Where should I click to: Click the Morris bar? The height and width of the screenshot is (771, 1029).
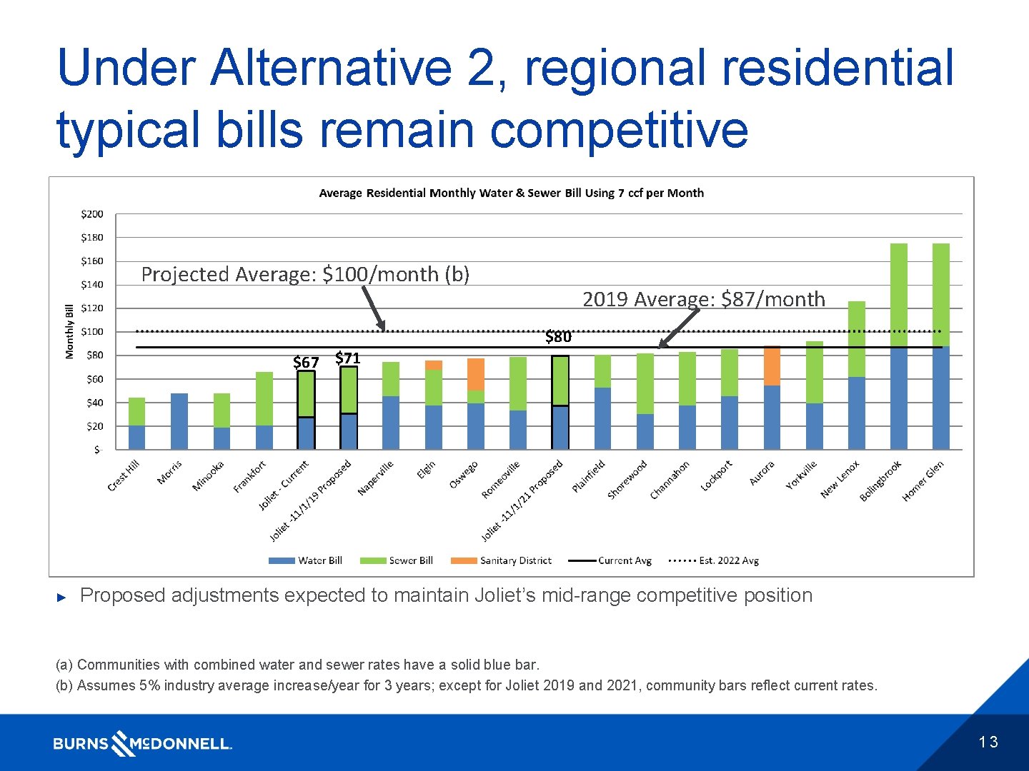pos(179,421)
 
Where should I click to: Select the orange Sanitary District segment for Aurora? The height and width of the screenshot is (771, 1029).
pos(772,366)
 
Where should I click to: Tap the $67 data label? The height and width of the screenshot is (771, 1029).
pos(306,363)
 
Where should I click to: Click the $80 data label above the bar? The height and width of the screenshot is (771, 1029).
pos(558,337)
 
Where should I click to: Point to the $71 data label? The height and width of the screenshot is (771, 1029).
pos(348,358)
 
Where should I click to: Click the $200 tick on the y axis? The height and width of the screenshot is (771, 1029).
pos(91,214)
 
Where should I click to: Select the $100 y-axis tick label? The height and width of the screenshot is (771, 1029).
pos(91,332)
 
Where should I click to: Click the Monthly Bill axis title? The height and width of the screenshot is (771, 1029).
pos(69,331)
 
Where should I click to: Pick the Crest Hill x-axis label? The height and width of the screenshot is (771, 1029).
pos(124,476)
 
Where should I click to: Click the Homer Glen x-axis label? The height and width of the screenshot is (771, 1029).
pos(923,481)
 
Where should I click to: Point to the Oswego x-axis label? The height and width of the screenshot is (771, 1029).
pos(464,475)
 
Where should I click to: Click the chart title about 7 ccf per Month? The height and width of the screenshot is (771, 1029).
pos(511,193)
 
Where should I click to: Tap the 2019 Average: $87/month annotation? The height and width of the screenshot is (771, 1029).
pos(703,299)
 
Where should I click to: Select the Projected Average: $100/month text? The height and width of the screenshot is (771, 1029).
pos(305,274)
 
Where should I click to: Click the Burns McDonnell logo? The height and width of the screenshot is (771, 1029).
pos(142,743)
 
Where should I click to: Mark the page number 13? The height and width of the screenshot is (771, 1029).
pos(988,742)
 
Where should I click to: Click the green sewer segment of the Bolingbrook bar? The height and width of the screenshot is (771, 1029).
pos(899,296)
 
